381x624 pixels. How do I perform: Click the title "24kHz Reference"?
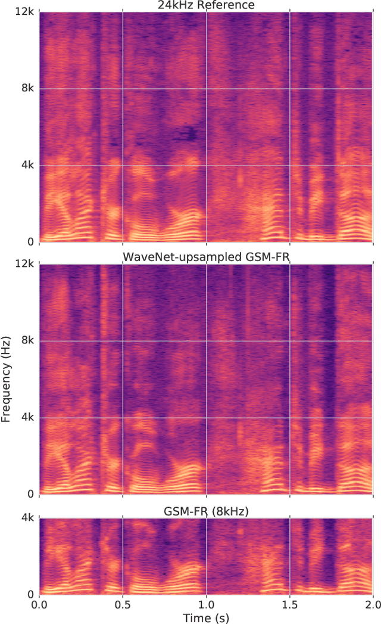pyautogui.click(x=205, y=5)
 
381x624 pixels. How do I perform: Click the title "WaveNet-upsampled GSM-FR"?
pyautogui.click(x=205, y=257)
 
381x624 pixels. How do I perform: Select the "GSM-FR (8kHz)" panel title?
pyautogui.click(x=205, y=511)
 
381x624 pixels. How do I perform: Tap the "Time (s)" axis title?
pyautogui.click(x=205, y=617)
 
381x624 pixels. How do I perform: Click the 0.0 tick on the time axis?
pyautogui.click(x=39, y=604)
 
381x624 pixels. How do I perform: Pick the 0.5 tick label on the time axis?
pyautogui.click(x=123, y=604)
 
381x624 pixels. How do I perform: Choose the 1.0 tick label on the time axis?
pyautogui.click(x=206, y=604)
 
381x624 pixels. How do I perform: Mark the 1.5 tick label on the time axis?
pyautogui.click(x=289, y=604)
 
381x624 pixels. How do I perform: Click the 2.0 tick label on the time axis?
pyautogui.click(x=372, y=604)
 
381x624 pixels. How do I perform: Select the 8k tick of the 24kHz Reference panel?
pyautogui.click(x=27, y=89)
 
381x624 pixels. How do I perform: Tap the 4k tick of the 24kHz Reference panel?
pyautogui.click(x=27, y=165)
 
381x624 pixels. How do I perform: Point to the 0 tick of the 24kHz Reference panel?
pyautogui.click(x=31, y=242)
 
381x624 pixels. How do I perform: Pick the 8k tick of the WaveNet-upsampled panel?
pyautogui.click(x=27, y=341)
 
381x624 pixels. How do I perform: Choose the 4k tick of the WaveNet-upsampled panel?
pyautogui.click(x=27, y=417)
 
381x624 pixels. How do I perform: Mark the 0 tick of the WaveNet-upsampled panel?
pyautogui.click(x=31, y=494)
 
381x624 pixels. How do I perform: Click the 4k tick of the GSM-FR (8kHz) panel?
pyautogui.click(x=27, y=518)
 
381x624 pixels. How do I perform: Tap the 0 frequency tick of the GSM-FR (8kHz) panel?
pyautogui.click(x=31, y=594)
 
